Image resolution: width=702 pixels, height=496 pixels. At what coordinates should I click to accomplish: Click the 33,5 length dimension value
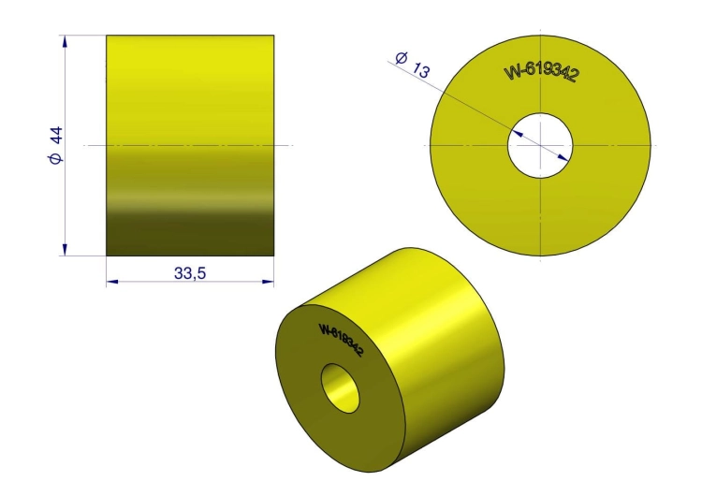pyautogui.click(x=190, y=272)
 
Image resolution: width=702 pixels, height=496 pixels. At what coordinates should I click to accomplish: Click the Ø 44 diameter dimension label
pyautogui.click(x=55, y=146)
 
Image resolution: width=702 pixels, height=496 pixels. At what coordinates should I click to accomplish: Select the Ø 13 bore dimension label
pyautogui.click(x=413, y=65)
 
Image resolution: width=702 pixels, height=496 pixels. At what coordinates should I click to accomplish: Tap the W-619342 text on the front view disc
pyautogui.click(x=540, y=72)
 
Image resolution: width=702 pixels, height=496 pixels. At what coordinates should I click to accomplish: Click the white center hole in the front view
pyautogui.click(x=540, y=145)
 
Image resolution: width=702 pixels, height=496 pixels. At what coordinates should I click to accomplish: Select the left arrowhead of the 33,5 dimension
pyautogui.click(x=111, y=281)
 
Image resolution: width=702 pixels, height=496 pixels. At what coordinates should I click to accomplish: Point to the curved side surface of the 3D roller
pyautogui.click(x=440, y=346)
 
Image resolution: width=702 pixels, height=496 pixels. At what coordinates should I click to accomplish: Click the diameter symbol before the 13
pyautogui.click(x=402, y=58)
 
